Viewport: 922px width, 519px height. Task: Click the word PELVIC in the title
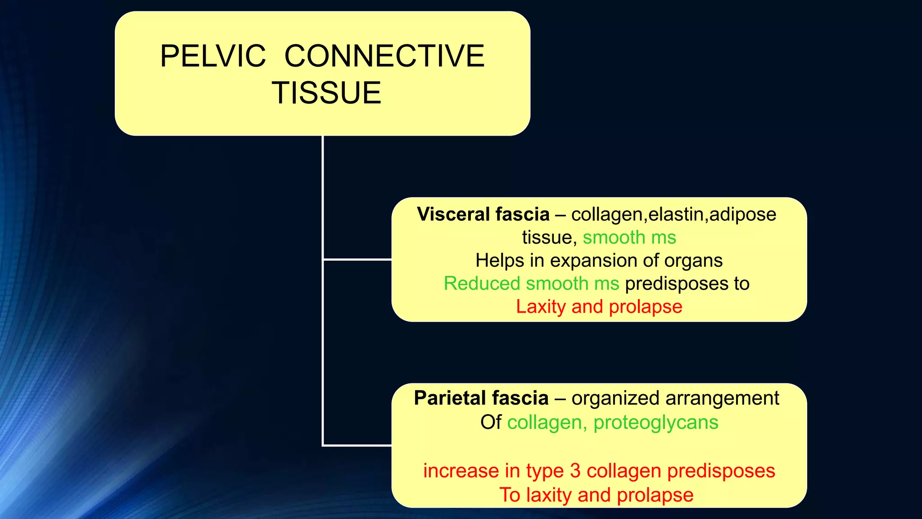(213, 56)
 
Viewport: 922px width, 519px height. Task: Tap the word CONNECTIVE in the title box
(384, 56)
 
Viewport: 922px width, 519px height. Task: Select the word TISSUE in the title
(326, 93)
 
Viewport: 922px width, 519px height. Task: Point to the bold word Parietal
(449, 398)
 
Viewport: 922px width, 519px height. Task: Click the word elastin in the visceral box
(676, 214)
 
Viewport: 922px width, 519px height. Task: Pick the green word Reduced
(482, 283)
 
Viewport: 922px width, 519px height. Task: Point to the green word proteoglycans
(655, 423)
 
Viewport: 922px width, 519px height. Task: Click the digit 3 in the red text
(575, 471)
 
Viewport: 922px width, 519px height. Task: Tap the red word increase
(461, 471)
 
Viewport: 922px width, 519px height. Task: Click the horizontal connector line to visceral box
(357, 259)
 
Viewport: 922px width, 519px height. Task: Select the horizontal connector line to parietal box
(357, 445)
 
